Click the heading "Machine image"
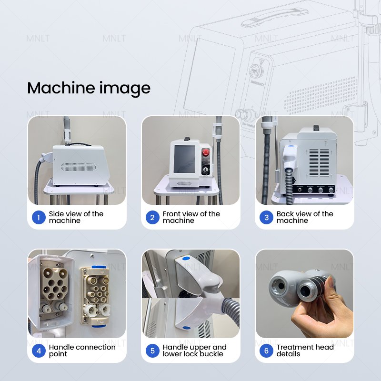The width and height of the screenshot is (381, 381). pyautogui.click(x=89, y=89)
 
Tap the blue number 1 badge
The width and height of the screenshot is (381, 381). pyautogui.click(x=39, y=217)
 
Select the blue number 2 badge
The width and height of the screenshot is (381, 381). pyautogui.click(x=152, y=217)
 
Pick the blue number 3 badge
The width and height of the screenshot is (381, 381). pyautogui.click(x=266, y=217)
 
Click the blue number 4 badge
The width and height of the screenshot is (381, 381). pyautogui.click(x=39, y=351)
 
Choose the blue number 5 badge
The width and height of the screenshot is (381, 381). pyautogui.click(x=152, y=351)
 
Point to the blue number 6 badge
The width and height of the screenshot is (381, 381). pyautogui.click(x=266, y=351)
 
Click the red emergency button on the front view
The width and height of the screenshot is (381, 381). pyautogui.click(x=206, y=152)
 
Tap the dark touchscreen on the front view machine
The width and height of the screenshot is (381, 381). pyautogui.click(x=184, y=159)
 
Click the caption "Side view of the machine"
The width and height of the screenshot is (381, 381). pyautogui.click(x=76, y=217)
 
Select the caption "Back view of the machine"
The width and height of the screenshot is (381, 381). pyautogui.click(x=305, y=217)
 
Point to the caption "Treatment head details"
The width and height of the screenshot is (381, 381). pyautogui.click(x=305, y=351)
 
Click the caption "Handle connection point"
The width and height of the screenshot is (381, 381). pyautogui.click(x=82, y=351)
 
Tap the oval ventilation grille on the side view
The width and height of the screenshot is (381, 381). pyautogui.click(x=78, y=167)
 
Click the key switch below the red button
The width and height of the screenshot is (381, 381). pyautogui.click(x=206, y=170)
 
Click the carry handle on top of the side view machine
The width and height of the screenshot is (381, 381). pyautogui.click(x=78, y=144)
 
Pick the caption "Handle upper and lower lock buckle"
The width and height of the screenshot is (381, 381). pyautogui.click(x=195, y=351)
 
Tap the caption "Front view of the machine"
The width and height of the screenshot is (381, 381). pyautogui.click(x=191, y=217)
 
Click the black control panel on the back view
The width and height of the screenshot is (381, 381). pyautogui.click(x=314, y=189)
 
